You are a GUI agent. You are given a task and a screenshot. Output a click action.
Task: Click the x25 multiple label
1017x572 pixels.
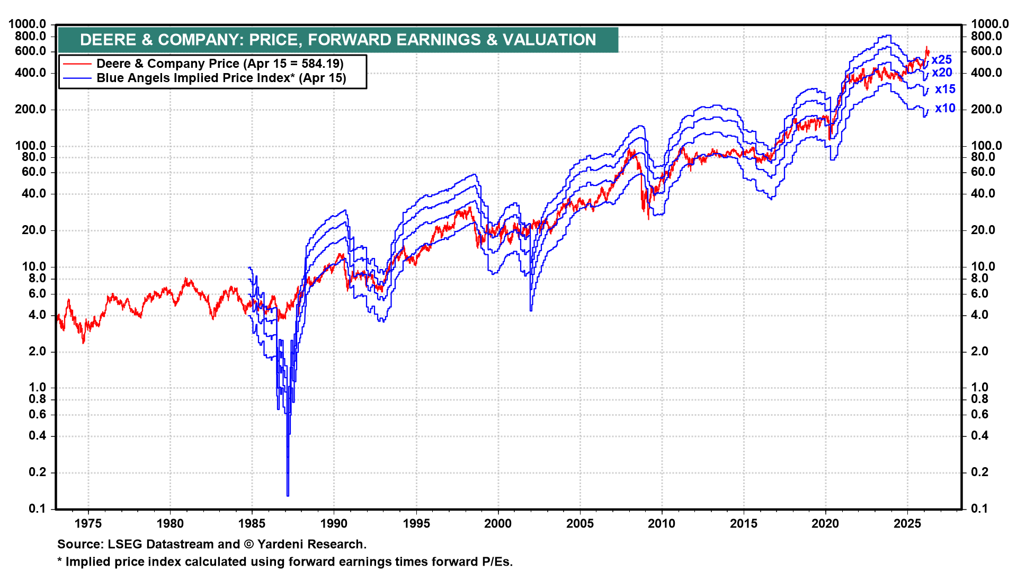tap(941, 60)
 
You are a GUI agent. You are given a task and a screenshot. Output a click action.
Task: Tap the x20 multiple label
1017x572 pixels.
tap(941, 73)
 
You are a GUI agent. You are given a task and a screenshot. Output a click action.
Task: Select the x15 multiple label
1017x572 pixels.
tap(944, 90)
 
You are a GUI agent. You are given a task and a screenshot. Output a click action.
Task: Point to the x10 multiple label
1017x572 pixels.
tap(944, 109)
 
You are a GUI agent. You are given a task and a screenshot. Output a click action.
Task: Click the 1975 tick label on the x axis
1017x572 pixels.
tap(88, 524)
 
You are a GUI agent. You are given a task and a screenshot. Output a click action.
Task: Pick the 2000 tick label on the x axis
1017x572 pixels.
tap(498, 524)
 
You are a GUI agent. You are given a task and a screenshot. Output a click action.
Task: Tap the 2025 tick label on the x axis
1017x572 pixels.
tap(907, 524)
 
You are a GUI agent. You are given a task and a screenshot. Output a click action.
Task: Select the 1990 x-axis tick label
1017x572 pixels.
tap(334, 524)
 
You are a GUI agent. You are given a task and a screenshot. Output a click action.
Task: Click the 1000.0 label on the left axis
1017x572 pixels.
tap(27, 24)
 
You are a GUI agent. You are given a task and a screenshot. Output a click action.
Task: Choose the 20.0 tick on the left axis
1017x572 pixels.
tap(33, 230)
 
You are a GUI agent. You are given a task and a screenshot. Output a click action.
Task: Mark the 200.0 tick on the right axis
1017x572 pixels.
tap(986, 110)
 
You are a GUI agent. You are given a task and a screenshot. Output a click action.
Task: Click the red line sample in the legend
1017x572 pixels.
tap(77, 64)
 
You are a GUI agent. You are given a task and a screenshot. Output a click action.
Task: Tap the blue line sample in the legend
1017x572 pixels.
tap(77, 78)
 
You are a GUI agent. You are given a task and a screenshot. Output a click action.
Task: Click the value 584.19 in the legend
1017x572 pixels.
tap(320, 64)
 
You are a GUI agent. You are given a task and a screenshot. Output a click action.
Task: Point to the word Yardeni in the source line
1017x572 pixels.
tap(281, 544)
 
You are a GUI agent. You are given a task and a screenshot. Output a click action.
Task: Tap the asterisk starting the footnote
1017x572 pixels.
tap(60, 561)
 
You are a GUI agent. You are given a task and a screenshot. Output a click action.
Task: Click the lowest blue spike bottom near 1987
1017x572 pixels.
tap(288, 495)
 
